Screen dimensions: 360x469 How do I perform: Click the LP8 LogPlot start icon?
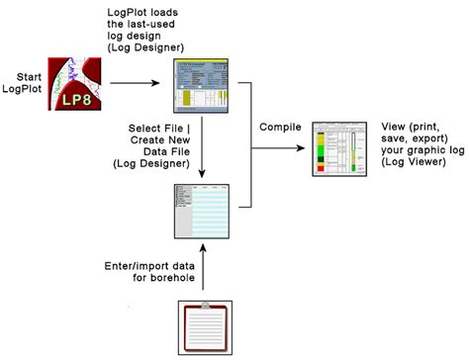(79, 82)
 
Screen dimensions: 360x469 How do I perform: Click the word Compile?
(280, 128)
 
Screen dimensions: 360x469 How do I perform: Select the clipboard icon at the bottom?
(204, 327)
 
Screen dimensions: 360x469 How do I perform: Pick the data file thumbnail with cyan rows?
(203, 209)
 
